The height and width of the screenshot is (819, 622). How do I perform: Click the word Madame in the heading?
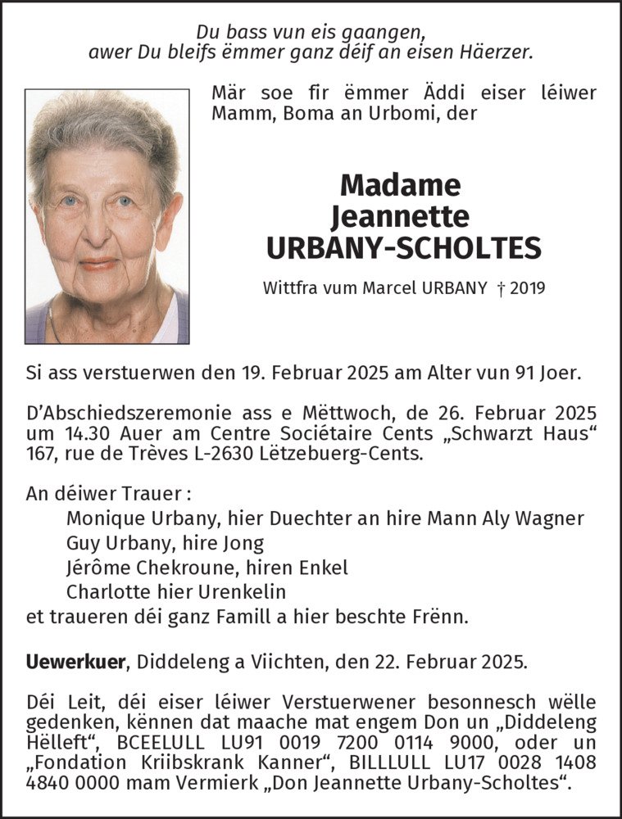400,185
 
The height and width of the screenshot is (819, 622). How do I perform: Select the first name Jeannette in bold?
400,216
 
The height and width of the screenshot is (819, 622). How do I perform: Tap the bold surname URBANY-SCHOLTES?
400,247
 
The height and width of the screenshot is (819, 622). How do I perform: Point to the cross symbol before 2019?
499,288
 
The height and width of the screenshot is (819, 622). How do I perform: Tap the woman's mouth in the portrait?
98,265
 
